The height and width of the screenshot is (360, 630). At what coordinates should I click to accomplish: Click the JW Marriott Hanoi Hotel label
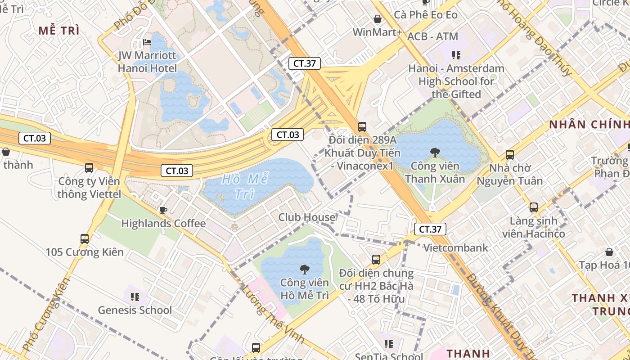148,62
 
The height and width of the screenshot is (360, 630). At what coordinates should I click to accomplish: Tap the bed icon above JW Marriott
147,42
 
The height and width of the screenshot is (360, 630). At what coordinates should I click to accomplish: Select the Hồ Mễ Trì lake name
245,186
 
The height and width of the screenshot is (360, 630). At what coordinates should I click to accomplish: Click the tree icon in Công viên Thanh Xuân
435,152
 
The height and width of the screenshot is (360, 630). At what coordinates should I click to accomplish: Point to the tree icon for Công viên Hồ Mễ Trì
305,269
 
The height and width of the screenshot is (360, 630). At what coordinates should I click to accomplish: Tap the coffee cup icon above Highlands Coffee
163,210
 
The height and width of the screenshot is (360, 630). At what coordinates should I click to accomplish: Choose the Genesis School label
135,310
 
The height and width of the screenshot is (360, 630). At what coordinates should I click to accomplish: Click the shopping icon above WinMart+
378,19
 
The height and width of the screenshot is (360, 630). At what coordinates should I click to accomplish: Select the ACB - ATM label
432,36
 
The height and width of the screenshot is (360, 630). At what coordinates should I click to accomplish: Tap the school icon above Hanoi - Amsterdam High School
456,55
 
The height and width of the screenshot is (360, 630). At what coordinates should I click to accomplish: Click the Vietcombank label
456,247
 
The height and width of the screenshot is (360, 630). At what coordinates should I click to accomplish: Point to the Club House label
307,217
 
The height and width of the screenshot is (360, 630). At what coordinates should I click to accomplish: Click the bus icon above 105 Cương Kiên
85,238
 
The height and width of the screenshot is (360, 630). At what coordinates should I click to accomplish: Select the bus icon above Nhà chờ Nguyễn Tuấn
510,155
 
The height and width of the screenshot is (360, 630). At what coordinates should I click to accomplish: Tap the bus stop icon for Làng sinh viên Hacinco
534,207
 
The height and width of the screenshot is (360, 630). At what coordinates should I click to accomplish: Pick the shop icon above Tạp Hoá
609,252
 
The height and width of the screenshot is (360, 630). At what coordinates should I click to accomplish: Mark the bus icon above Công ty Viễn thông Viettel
89,168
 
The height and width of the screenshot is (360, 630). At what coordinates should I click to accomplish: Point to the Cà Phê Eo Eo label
426,15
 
